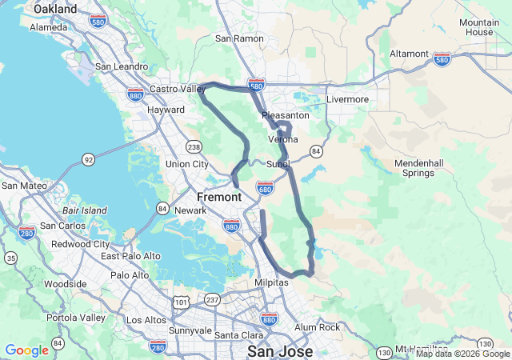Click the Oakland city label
(55, 9)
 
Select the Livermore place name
(348, 99)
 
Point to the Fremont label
(219, 197)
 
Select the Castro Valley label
(178, 89)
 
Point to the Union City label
(186, 164)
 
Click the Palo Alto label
(130, 275)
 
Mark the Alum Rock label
(318, 327)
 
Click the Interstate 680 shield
(266, 187)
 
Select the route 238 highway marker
(193, 146)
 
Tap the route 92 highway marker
(88, 160)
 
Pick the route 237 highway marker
(212, 299)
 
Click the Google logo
(27, 350)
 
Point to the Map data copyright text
(462, 354)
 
